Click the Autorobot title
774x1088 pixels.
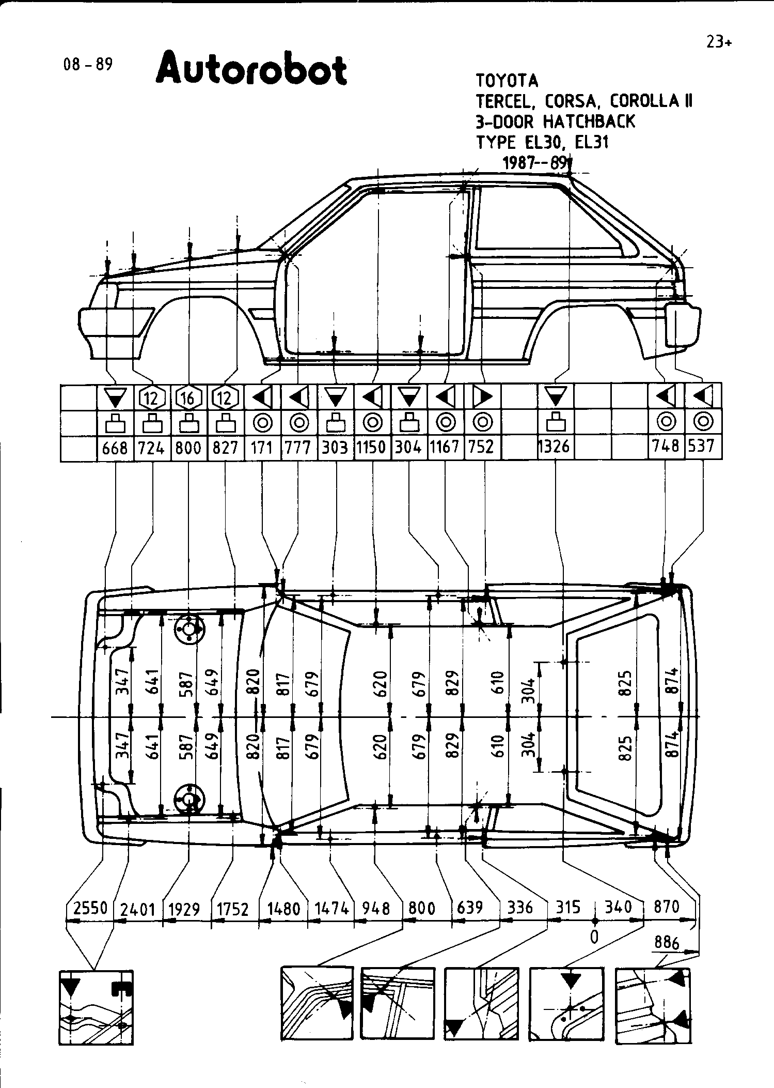pos(251,69)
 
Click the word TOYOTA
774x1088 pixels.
pos(507,81)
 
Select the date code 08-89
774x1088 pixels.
pos(87,65)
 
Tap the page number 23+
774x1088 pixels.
pos(718,42)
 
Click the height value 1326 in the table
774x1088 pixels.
pos(554,446)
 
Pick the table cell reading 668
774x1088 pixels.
pos(115,448)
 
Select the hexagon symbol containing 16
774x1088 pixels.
pos(188,398)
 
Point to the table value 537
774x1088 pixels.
pos(701,446)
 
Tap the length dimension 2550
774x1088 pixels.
pos(90,908)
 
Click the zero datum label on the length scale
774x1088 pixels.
pos(594,937)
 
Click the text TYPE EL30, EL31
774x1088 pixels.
pos(542,142)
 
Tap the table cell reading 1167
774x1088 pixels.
pos(445,447)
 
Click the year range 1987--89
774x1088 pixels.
pos(534,163)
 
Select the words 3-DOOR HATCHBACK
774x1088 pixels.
pos(555,122)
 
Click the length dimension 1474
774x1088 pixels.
pos(332,908)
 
